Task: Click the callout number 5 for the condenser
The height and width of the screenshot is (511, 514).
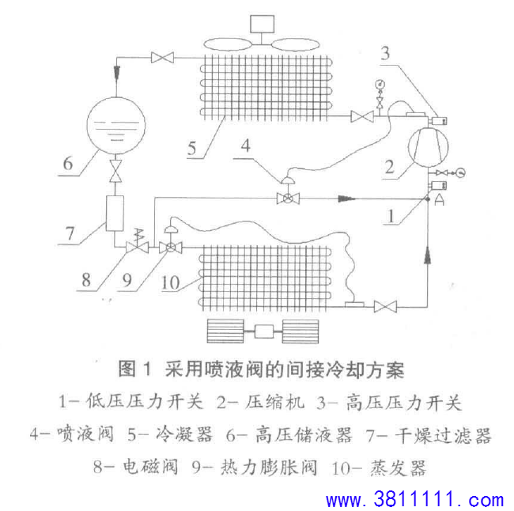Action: point(192,148)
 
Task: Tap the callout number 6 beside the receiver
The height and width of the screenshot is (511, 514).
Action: point(68,163)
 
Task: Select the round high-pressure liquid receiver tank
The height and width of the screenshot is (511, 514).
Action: point(115,125)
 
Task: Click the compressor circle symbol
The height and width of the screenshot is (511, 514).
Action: point(428,146)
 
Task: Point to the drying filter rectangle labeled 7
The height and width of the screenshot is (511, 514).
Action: point(115,214)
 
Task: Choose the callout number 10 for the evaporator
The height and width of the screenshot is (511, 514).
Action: point(170,282)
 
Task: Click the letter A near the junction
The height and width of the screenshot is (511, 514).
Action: point(439,199)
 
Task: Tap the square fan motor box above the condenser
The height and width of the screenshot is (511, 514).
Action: point(263,24)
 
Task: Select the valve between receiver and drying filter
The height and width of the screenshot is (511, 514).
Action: point(115,171)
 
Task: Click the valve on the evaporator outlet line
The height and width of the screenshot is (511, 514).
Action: point(385,307)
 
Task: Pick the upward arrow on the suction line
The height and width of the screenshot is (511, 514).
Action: point(428,255)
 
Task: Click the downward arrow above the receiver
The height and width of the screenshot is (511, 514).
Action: point(116,72)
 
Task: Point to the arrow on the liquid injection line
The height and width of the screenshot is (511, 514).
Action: point(346,199)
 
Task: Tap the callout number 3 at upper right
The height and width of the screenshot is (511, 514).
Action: point(386,53)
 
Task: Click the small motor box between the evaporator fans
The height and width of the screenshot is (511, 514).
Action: point(264,331)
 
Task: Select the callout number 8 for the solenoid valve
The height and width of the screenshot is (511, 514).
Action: point(86,280)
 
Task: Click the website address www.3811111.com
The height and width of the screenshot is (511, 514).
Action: point(414,499)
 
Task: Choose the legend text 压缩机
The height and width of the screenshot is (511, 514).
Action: point(274,402)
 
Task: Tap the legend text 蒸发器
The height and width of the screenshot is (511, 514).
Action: point(399,467)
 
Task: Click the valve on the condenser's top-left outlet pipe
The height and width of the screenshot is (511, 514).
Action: point(162,58)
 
